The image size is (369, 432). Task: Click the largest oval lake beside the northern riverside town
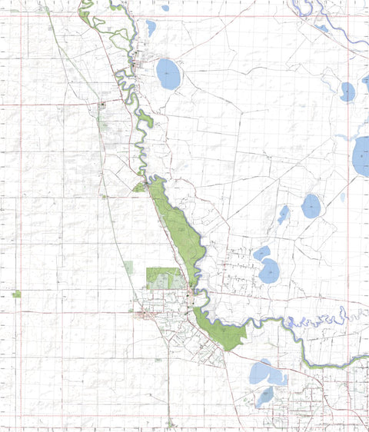click(168, 75)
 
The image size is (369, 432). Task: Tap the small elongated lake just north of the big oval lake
click(151, 28)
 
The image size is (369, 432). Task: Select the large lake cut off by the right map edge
click(361, 156)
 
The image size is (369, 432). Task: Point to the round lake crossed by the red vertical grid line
click(347, 91)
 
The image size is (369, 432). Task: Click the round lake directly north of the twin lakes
click(311, 205)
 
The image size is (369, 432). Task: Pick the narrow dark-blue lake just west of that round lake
click(283, 214)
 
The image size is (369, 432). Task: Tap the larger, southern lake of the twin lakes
click(269, 271)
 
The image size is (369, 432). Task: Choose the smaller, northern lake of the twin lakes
click(262, 252)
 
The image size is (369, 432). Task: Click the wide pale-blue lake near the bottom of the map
click(265, 374)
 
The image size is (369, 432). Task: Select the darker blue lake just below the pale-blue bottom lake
click(264, 397)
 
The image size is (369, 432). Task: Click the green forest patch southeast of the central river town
click(224, 331)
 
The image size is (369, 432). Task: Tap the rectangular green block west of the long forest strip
click(162, 277)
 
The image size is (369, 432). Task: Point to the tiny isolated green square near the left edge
click(16, 294)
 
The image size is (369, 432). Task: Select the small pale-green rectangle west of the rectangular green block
click(128, 267)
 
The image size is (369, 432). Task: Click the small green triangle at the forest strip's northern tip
click(139, 187)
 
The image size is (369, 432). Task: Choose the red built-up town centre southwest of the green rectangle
click(146, 313)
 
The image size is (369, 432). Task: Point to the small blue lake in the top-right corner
click(322, 28)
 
